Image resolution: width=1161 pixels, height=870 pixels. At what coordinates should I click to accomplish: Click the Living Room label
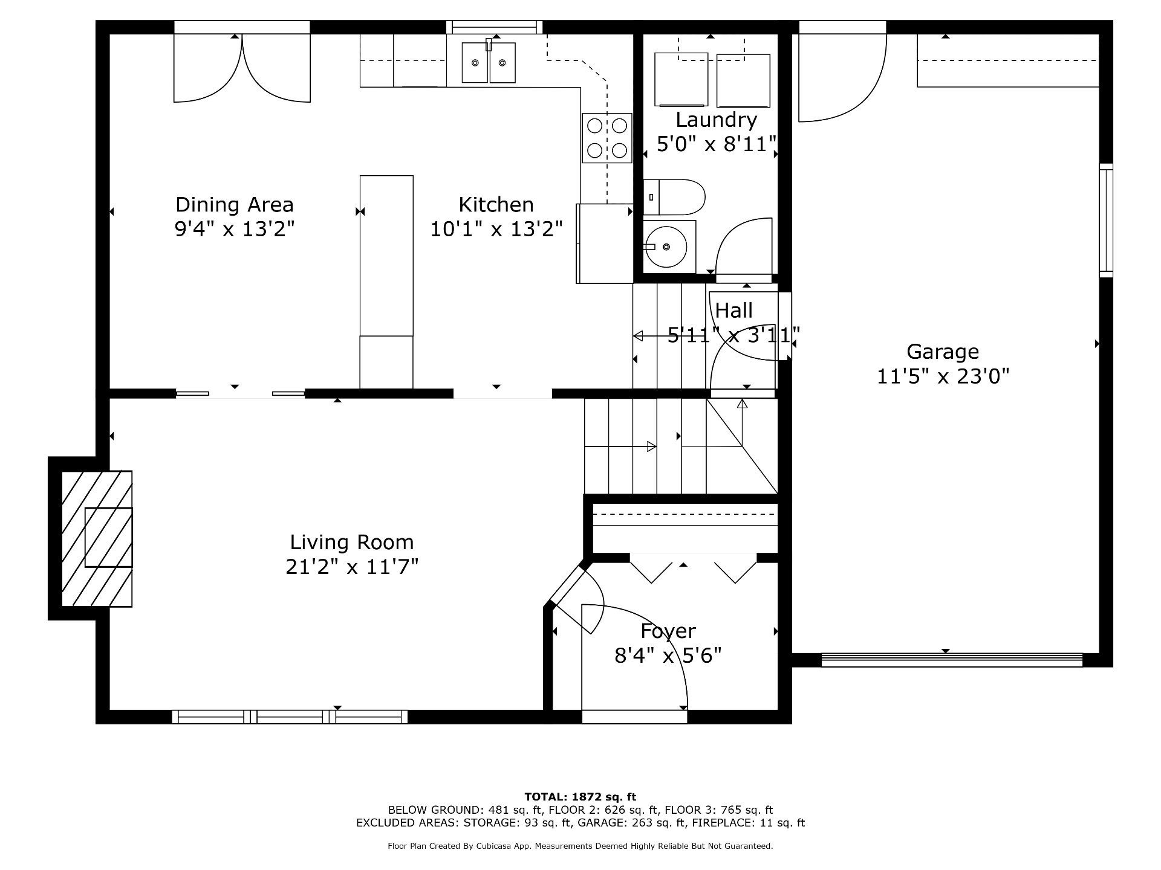(x=352, y=542)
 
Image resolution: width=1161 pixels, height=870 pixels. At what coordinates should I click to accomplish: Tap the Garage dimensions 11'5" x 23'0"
(x=943, y=377)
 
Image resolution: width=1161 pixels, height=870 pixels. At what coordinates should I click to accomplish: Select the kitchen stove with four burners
(x=607, y=138)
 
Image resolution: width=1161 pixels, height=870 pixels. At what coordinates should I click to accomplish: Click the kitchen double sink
(x=489, y=62)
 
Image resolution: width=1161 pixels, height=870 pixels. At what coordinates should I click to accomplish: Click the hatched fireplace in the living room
(x=97, y=538)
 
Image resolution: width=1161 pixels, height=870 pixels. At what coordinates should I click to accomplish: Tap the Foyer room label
(x=668, y=631)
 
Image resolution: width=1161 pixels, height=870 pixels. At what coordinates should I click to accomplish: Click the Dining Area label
(x=235, y=205)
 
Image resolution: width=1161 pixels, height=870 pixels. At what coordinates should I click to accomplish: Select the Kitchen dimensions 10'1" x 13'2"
(x=496, y=230)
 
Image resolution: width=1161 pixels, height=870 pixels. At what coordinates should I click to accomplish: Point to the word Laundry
(x=716, y=120)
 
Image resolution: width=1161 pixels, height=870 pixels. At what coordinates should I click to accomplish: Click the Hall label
(x=734, y=311)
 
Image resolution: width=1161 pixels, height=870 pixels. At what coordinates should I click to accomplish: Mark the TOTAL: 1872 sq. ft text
(x=580, y=797)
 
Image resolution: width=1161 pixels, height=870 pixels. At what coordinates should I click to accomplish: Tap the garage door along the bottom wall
(x=952, y=660)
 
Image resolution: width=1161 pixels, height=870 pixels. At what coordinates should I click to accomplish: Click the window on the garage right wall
(x=1106, y=221)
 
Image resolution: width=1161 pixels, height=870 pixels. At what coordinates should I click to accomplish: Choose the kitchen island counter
(x=386, y=282)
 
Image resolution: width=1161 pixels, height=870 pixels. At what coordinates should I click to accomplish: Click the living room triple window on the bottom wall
(x=290, y=717)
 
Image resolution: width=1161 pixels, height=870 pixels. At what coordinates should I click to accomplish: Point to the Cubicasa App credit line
(x=580, y=846)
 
